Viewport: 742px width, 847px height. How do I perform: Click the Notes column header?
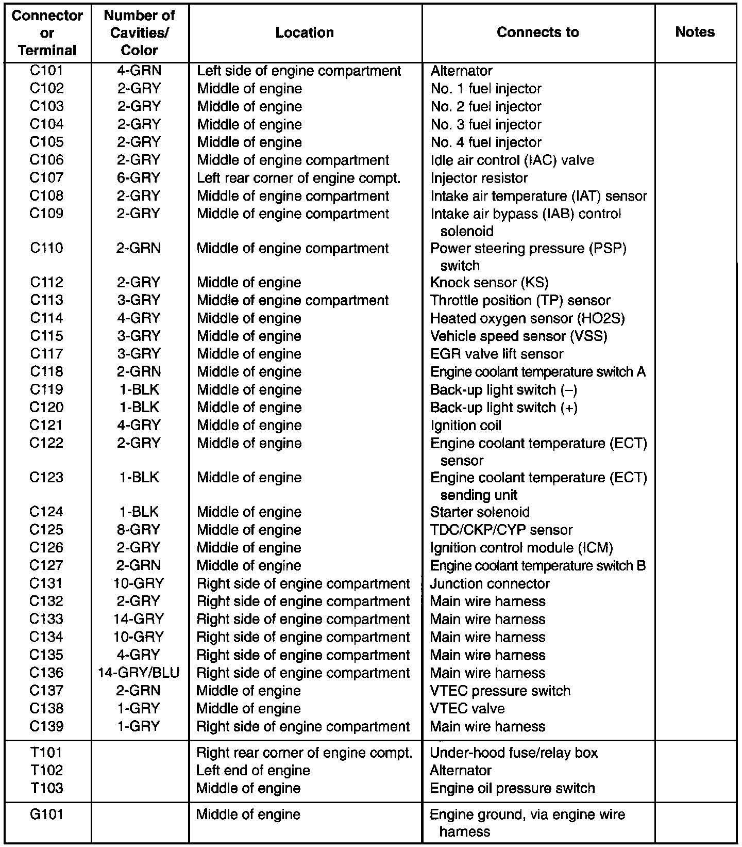click(695, 32)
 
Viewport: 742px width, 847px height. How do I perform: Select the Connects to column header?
click(537, 32)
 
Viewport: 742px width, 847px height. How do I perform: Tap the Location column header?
click(305, 32)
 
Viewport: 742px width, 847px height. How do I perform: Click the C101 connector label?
click(46, 71)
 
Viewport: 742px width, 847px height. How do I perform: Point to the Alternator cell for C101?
click(461, 71)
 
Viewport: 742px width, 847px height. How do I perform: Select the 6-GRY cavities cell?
click(139, 178)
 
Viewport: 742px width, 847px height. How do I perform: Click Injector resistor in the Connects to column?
click(479, 178)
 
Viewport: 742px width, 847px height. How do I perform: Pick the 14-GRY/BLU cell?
click(139, 673)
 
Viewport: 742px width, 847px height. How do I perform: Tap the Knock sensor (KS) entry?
click(489, 283)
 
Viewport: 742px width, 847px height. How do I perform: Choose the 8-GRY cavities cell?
click(139, 530)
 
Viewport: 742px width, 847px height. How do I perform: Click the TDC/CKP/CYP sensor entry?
click(501, 530)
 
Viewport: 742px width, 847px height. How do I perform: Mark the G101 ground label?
click(46, 815)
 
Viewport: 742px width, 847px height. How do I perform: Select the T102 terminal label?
click(46, 770)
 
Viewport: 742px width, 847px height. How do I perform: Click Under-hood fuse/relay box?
click(514, 753)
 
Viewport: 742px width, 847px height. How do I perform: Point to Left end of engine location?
click(253, 770)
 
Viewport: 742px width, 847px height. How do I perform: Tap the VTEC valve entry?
click(467, 708)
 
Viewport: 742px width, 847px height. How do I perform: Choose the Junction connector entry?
click(490, 583)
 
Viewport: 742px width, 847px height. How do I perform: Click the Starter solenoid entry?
click(480, 512)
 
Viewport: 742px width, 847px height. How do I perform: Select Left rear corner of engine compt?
click(298, 178)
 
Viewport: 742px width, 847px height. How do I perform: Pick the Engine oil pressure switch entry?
click(512, 788)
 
